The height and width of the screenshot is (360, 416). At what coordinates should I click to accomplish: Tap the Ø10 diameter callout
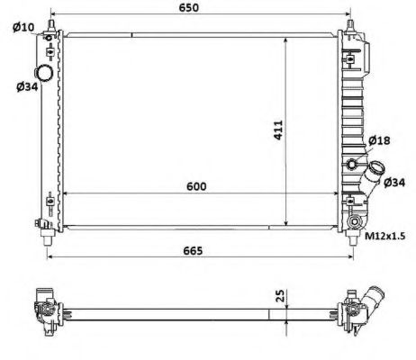click(23, 27)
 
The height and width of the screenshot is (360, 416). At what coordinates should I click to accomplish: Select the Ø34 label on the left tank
click(24, 86)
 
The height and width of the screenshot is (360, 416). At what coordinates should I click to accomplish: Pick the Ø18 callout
click(379, 140)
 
